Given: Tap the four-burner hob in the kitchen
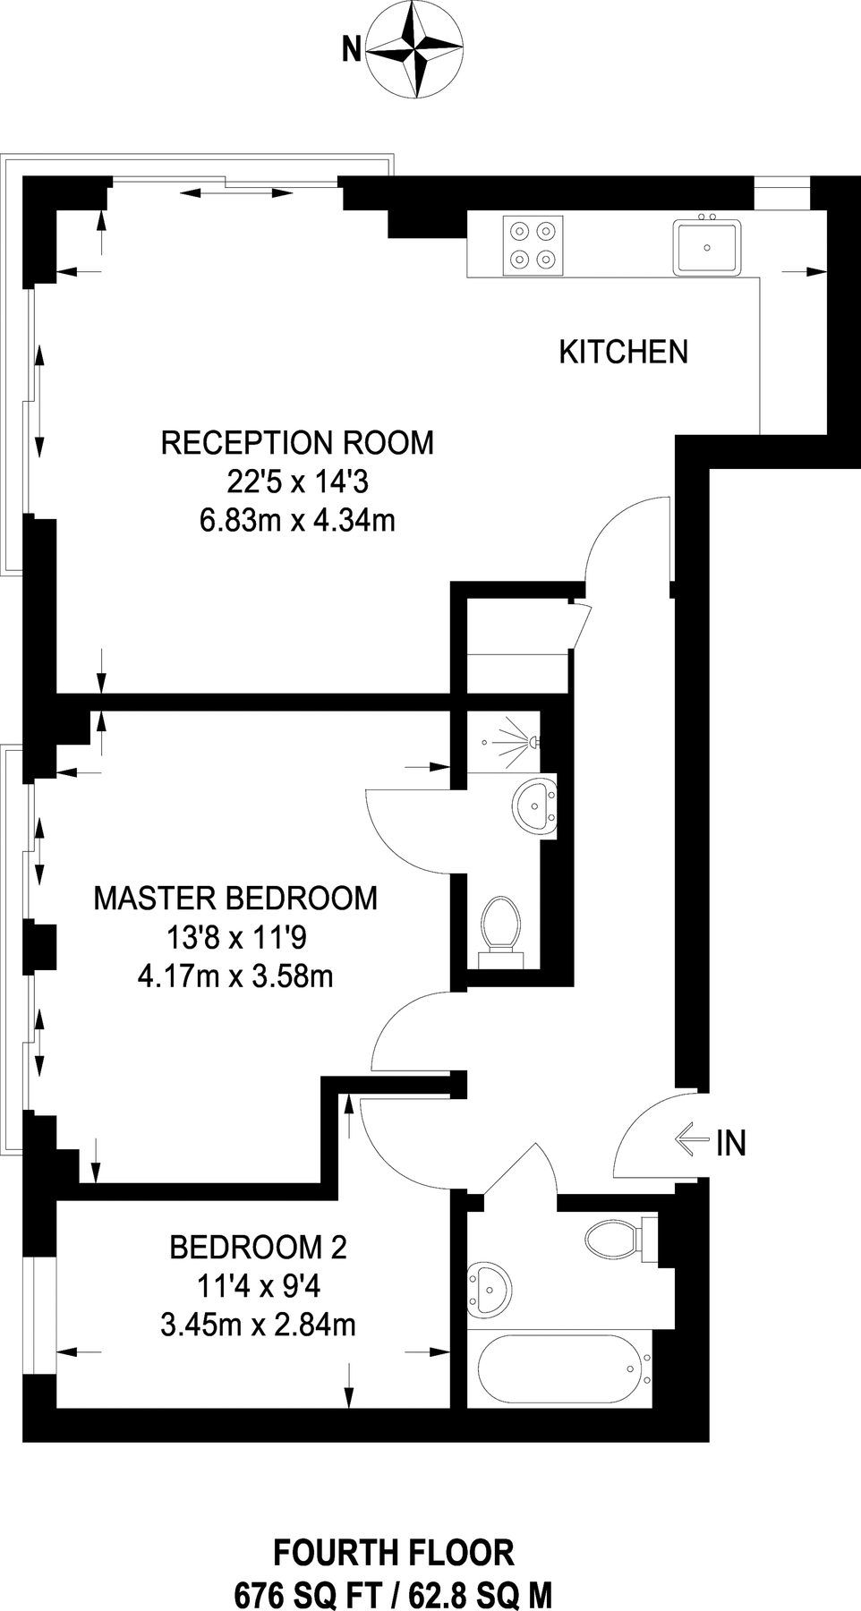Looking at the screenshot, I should tap(533, 245).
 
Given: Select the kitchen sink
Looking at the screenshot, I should tap(706, 246).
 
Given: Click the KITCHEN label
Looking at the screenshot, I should tap(623, 352).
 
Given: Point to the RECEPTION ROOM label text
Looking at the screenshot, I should tap(297, 443).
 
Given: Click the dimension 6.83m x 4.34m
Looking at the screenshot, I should tap(297, 520).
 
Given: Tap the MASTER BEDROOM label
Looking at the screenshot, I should tap(235, 898).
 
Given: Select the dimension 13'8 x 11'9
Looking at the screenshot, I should tap(236, 937).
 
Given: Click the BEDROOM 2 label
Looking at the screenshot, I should tap(258, 1246).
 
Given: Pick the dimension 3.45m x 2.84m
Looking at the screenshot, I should tap(258, 1324).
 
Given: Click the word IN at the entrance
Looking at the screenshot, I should tap(730, 1143).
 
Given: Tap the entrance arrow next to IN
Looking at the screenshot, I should tap(691, 1141).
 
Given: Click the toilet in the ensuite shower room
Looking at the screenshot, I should tap(501, 925).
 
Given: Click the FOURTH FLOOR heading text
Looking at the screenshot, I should tap(393, 1552).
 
